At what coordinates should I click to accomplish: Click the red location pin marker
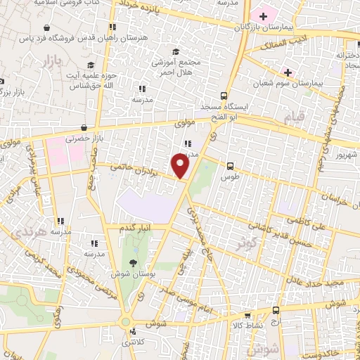click(x=181, y=166)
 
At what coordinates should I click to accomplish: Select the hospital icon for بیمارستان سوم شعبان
click(x=288, y=72)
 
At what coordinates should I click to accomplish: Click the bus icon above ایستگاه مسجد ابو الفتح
click(x=224, y=95)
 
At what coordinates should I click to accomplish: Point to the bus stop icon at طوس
click(x=230, y=166)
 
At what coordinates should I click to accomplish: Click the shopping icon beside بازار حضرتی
click(x=84, y=127)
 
